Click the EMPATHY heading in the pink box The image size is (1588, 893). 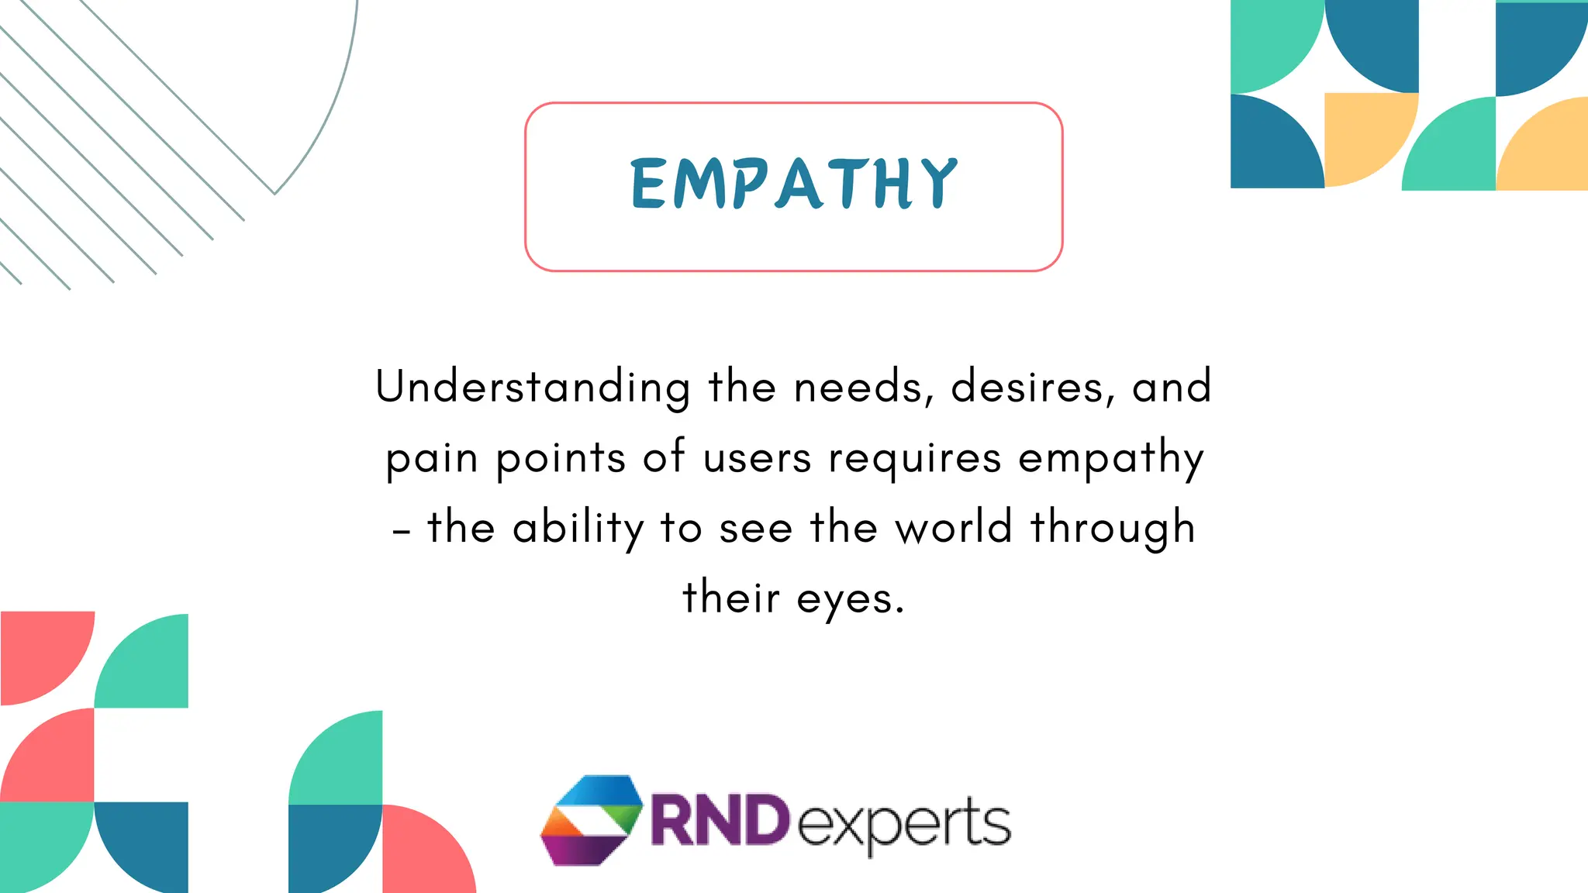point(794,184)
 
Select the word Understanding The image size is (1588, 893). point(533,387)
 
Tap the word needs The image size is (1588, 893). point(863,387)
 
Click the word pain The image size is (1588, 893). point(431,459)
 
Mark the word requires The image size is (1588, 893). point(915,459)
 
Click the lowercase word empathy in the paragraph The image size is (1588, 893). point(1110,459)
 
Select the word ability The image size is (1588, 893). point(578,529)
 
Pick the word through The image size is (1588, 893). point(1113,529)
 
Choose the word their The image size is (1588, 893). point(730,598)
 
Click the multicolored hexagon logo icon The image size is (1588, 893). point(592,819)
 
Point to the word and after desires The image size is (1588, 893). point(1171,387)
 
